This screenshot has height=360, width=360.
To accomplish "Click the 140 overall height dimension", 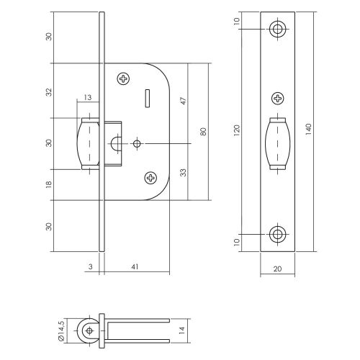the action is pos(308,129).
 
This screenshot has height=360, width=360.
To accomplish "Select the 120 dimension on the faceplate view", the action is pos(237,130).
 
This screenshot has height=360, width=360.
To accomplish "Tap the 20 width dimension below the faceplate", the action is pos(277,269).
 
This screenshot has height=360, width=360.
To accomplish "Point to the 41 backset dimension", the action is pos(135,266).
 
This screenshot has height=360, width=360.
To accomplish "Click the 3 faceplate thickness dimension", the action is pos(91,266).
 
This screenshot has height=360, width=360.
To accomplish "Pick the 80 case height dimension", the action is pos(203,132).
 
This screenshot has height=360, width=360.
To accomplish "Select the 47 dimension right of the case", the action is pos(184,101).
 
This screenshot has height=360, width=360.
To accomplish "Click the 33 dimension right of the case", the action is pos(184,173).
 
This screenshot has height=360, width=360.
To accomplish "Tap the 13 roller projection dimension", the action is pos(88,97).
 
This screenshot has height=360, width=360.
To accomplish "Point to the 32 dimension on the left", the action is pos(49,92).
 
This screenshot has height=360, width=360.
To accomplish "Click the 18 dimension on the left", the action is pos(49,184).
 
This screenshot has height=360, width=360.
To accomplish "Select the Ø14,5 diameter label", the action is pos(61,330).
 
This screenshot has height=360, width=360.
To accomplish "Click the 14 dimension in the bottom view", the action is pos(182,330).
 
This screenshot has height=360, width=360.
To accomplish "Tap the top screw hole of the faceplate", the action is pos(278,30).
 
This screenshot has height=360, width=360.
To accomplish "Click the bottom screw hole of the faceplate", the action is pos(278,234).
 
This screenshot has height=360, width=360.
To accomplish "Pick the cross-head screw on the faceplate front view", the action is pos(278,98).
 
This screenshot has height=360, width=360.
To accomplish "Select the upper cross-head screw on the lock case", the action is pos(124,78).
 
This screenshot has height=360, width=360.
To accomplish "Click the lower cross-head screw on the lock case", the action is pos(150,178).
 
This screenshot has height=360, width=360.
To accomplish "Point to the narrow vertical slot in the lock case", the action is pos(148,98).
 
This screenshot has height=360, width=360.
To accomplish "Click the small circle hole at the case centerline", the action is pos(137,143).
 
